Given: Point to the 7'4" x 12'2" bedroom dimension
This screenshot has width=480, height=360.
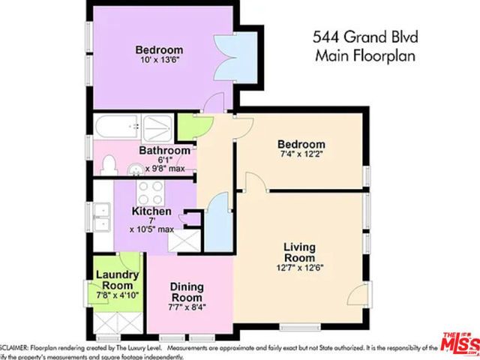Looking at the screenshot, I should coord(301,156).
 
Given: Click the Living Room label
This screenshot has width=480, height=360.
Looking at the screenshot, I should coord(298,253).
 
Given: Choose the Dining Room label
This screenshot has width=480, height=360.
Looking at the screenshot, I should coord(187,291).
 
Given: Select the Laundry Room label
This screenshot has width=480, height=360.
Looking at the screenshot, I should coord(117,280).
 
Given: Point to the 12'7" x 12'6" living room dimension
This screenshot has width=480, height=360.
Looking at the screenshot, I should coord(298,266).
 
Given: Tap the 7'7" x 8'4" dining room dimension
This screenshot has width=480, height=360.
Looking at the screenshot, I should coord(187,306).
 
